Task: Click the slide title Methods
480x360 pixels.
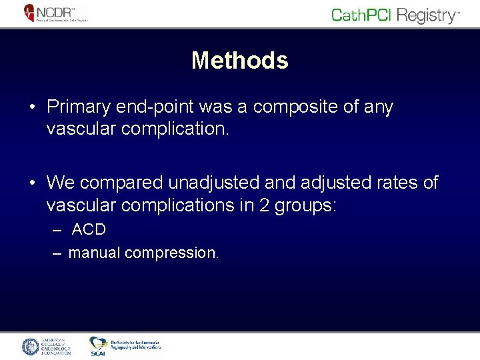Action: coord(239,61)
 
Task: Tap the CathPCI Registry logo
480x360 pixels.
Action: coord(395,15)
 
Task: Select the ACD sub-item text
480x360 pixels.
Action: coord(89,230)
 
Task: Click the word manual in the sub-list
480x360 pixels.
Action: coord(94,253)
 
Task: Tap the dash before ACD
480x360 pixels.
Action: coord(58,230)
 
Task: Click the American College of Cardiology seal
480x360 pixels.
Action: coord(31,346)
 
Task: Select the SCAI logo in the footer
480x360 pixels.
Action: coord(98,346)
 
